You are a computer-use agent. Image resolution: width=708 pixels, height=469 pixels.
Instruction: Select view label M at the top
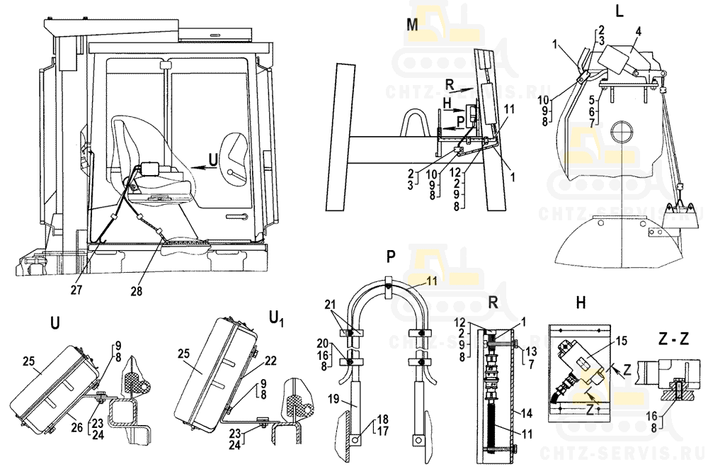pyautogui.click(x=413, y=23)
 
